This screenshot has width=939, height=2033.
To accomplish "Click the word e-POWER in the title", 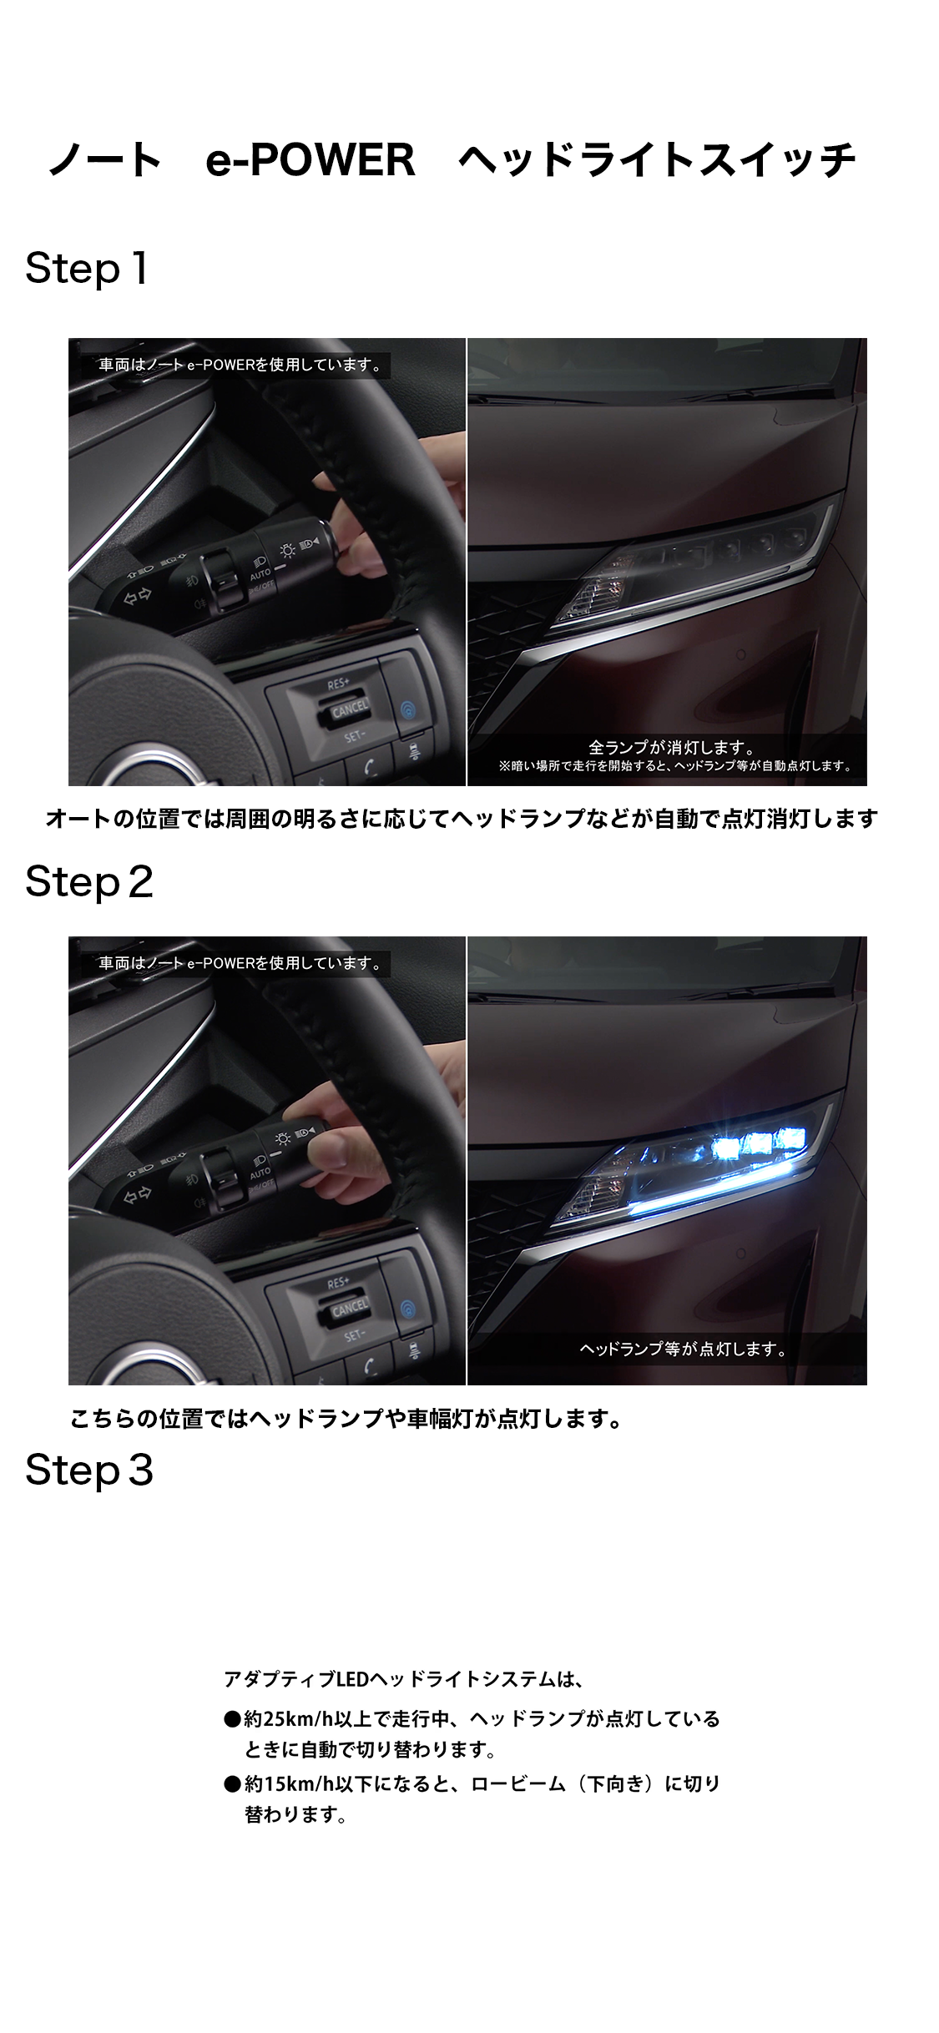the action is click(310, 159).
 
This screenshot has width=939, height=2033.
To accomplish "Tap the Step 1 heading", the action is click(87, 269).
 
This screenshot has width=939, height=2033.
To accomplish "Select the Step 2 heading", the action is click(89, 882).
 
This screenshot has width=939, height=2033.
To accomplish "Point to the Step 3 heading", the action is click(89, 1470).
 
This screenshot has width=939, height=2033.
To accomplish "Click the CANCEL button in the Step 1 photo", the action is click(349, 710).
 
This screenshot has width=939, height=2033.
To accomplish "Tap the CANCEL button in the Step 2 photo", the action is click(349, 1309).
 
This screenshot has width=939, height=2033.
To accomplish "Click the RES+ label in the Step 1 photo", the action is click(338, 684).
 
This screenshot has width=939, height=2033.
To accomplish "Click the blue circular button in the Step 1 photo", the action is click(408, 710).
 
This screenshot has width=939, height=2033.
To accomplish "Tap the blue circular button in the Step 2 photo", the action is click(408, 1309).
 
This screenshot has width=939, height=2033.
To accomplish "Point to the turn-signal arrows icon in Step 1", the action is click(138, 596).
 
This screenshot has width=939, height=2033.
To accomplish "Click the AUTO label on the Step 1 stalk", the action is click(260, 575).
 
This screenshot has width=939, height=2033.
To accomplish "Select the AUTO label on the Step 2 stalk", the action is click(260, 1174).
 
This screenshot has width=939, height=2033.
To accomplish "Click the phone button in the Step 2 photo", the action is click(370, 1365).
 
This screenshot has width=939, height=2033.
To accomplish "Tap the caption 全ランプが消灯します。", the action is click(672, 747).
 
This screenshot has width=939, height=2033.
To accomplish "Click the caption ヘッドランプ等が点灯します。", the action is click(683, 1349).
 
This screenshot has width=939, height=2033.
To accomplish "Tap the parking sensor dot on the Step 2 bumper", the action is click(740, 1254).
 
